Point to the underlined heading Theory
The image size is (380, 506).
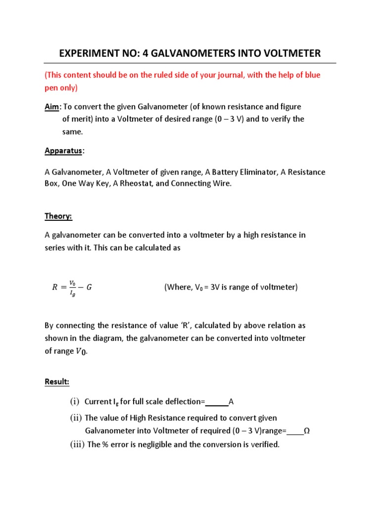58,216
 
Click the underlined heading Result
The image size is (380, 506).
57,381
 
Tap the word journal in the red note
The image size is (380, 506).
238,76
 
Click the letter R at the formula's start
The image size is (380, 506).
55,287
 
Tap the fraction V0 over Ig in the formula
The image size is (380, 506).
73,287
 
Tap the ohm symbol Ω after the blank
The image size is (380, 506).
306,430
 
